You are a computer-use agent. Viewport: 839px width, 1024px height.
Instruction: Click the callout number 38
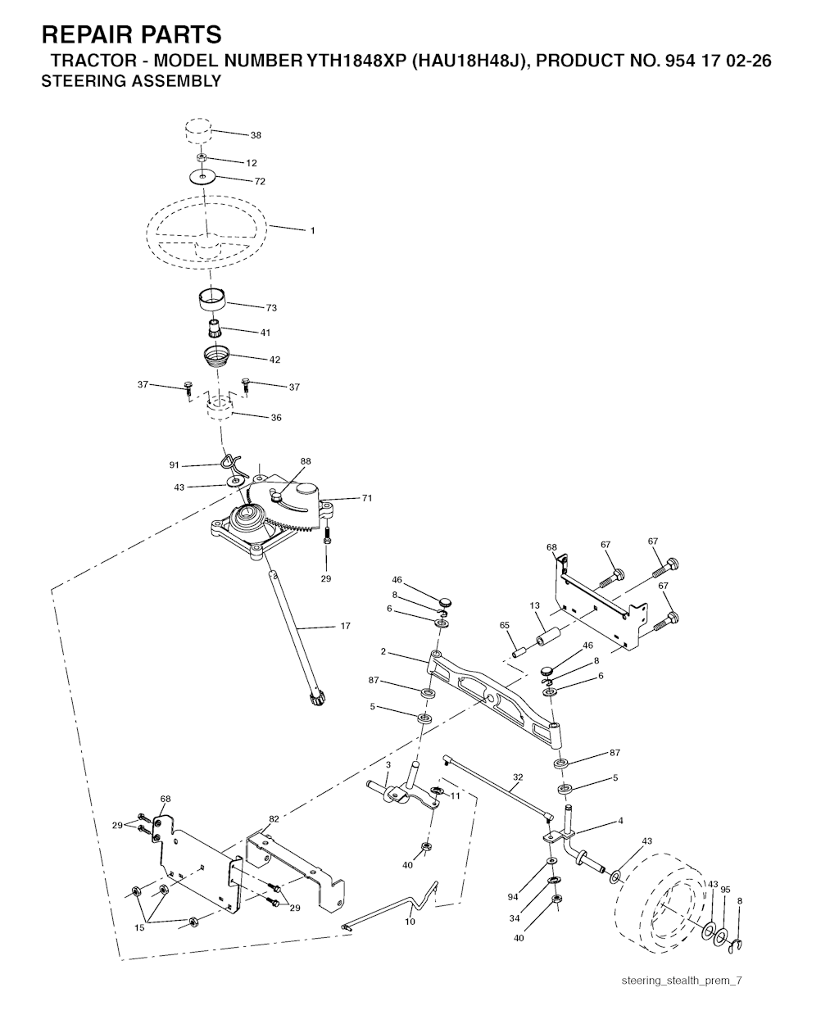[256, 135]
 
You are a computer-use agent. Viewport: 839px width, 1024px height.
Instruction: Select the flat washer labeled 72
[202, 177]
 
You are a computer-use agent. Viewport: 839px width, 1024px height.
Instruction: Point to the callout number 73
[271, 308]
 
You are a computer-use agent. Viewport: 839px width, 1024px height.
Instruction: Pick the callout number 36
[276, 418]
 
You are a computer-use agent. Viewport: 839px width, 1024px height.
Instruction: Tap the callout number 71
[366, 498]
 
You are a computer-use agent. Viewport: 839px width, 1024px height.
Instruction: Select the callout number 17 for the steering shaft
[345, 626]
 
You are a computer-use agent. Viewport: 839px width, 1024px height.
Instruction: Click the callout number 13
[534, 605]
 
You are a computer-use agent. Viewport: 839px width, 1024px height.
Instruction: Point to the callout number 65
[505, 625]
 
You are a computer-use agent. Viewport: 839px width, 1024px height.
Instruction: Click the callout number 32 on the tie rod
[518, 777]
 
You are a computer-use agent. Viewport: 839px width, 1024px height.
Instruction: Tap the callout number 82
[274, 818]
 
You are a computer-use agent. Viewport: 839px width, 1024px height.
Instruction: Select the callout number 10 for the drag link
[410, 921]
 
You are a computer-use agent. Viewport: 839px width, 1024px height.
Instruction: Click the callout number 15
[139, 928]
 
